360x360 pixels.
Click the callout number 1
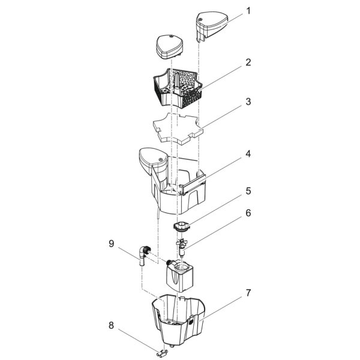pos(248,11)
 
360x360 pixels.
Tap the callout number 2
pos(248,62)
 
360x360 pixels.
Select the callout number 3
pos(248,102)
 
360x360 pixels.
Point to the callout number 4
pos(248,154)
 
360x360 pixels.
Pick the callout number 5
pos(248,191)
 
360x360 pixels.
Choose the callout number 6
pos(248,213)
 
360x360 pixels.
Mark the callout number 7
pos(248,293)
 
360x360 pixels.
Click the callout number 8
pos(111,325)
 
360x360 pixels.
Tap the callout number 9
pos(111,244)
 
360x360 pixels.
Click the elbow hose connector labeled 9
pos(143,255)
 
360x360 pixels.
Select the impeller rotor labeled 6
pos(182,248)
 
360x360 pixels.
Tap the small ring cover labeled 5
pos(181,226)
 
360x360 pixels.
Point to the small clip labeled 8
pos(163,353)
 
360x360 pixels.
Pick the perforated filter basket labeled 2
pos(178,87)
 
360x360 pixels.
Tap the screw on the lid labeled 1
pos(200,20)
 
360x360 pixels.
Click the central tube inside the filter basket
pos(177,83)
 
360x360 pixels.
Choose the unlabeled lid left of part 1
pos(170,47)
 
